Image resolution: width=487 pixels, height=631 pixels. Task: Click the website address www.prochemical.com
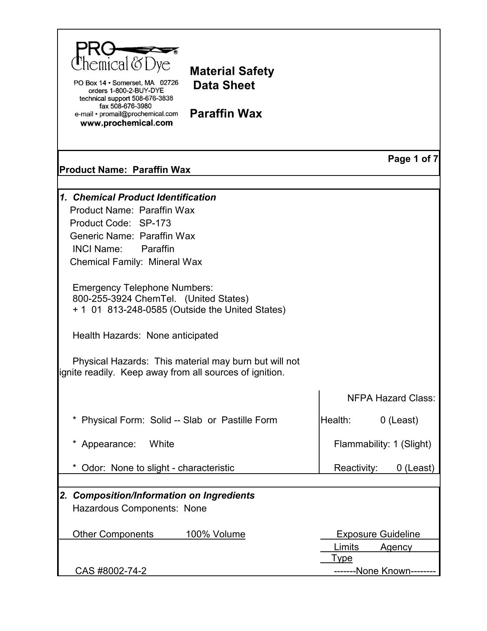point(126,123)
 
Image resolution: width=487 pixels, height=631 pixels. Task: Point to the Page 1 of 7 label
point(413,159)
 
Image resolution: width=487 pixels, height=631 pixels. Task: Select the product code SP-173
point(155,223)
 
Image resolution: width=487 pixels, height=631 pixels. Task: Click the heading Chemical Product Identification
point(145,197)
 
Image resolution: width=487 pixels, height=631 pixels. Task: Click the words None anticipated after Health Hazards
point(182,336)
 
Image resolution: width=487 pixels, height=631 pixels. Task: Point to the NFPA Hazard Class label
point(391,398)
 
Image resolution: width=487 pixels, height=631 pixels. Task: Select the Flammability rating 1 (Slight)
point(412,444)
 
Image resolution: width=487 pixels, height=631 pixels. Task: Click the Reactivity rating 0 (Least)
point(415,468)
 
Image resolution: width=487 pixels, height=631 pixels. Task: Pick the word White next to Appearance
point(162,444)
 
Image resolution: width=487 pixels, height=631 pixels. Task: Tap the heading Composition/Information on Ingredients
point(164,495)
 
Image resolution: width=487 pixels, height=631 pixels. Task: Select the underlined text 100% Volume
point(216,534)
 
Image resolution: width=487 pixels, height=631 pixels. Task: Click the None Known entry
point(384,571)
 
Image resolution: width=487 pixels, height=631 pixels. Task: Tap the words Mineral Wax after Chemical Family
point(175,262)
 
